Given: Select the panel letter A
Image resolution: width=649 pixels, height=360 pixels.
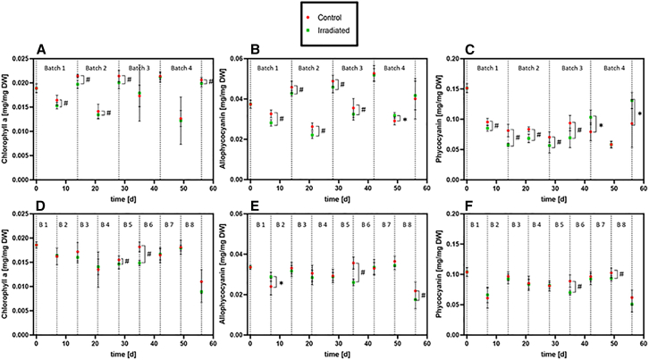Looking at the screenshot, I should pos(42,48).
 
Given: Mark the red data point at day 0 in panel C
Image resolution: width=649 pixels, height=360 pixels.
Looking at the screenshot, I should pos(467,88).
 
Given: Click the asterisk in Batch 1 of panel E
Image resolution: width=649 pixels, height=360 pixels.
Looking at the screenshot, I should pos(281,284).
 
